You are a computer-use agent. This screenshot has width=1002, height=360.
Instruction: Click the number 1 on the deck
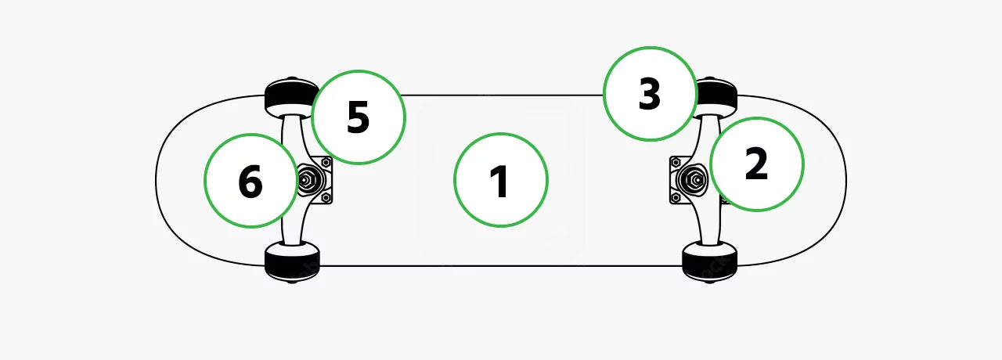tap(500, 181)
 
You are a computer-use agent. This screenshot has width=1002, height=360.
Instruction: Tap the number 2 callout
tap(757, 164)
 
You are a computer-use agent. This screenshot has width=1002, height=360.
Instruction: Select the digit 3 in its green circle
tap(649, 94)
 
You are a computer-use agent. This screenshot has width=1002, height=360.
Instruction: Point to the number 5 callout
tap(359, 117)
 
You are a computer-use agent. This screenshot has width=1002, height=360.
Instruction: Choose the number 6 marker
tap(250, 181)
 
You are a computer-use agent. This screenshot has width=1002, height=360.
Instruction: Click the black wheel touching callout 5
tap(290, 96)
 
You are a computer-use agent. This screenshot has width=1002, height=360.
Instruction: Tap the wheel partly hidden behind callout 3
tap(715, 96)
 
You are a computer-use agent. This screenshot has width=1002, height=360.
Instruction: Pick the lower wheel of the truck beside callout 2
tap(710, 262)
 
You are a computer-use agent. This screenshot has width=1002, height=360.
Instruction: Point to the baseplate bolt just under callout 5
tap(326, 162)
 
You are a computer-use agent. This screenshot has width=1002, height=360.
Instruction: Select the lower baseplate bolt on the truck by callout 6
tap(326, 197)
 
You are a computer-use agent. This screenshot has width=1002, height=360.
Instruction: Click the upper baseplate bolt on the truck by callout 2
tap(676, 161)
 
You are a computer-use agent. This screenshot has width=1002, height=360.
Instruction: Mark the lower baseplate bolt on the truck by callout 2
tap(676, 198)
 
